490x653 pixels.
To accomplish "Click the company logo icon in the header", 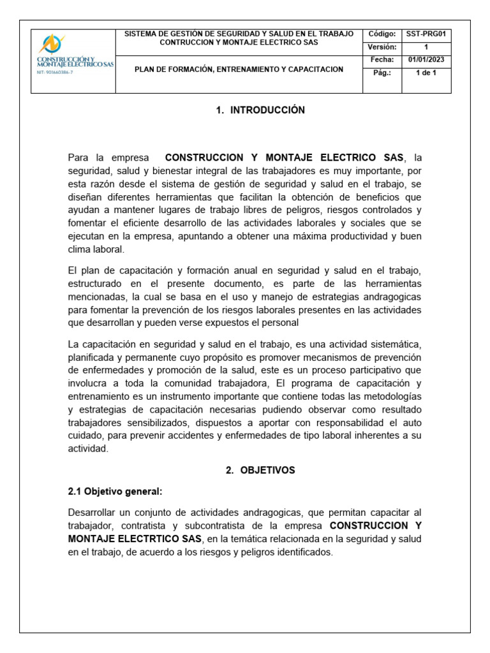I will click(x=52, y=44).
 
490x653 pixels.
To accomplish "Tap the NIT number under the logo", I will click(x=54, y=73).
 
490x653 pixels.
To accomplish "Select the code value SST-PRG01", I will click(x=426, y=34).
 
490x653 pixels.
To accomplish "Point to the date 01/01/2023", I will click(x=426, y=60).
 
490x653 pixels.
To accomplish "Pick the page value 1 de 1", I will click(x=426, y=73).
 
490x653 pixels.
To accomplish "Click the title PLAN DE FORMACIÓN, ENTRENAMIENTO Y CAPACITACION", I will click(x=239, y=70).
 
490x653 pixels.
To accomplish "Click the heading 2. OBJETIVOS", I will click(x=260, y=470).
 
